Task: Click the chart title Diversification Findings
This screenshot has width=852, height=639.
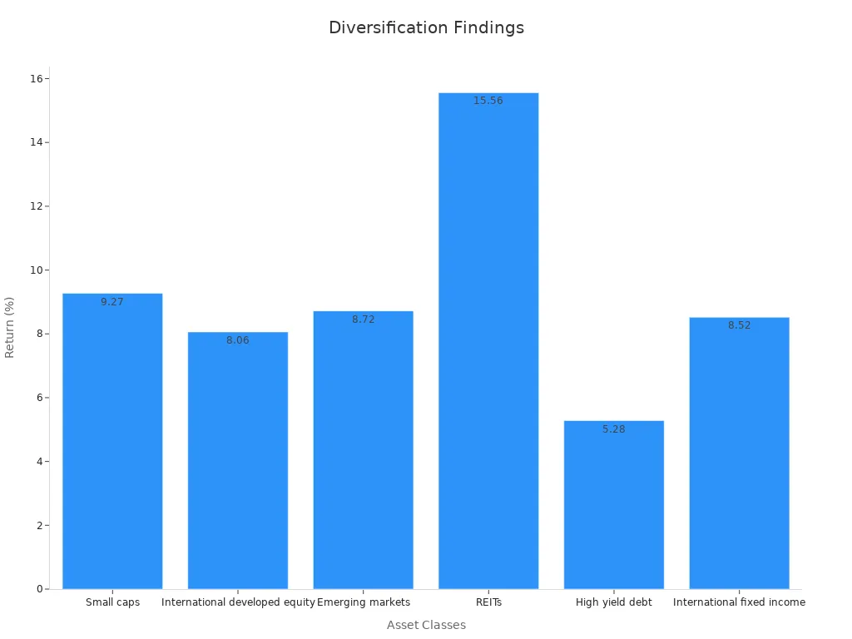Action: [426, 27]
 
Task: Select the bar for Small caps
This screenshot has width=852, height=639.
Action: [112, 441]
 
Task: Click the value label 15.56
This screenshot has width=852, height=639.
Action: [488, 101]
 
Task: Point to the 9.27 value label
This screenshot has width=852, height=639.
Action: [112, 302]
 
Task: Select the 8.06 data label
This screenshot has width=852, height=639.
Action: [238, 340]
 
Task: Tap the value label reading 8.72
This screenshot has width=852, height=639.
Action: [364, 319]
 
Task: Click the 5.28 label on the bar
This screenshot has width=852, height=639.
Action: [613, 429]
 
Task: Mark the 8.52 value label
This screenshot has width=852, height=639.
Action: [739, 325]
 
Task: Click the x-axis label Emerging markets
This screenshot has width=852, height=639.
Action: [364, 602]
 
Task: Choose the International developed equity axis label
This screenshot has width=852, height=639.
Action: [238, 602]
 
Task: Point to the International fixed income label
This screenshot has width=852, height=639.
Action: [739, 602]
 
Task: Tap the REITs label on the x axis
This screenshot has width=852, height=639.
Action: [488, 602]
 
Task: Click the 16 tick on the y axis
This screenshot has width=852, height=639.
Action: [37, 79]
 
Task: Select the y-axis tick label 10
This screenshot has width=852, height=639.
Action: [37, 270]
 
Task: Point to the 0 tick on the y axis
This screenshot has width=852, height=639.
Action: [39, 589]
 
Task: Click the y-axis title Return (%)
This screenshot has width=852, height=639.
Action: [10, 327]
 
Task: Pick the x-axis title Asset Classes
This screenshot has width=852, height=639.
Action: [426, 625]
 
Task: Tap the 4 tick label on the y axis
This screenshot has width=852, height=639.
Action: [39, 462]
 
